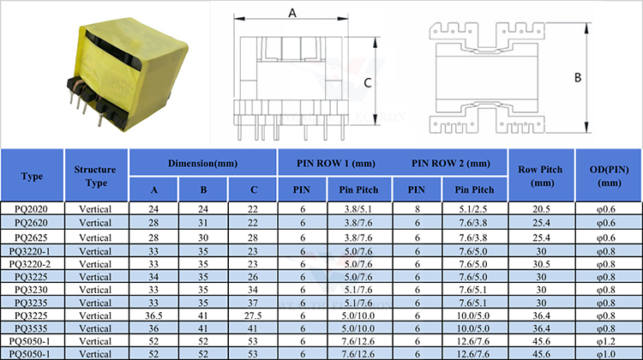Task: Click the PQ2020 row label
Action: (31, 209)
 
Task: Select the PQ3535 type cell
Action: (31, 328)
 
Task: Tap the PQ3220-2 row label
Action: (30, 264)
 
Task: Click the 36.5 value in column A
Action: (153, 315)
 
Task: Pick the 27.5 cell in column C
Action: (253, 315)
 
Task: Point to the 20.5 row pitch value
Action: (541, 209)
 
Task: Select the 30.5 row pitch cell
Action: (541, 264)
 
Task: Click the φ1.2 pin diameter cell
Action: (606, 341)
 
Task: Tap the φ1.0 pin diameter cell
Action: (606, 354)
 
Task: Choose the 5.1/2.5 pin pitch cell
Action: (473, 209)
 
